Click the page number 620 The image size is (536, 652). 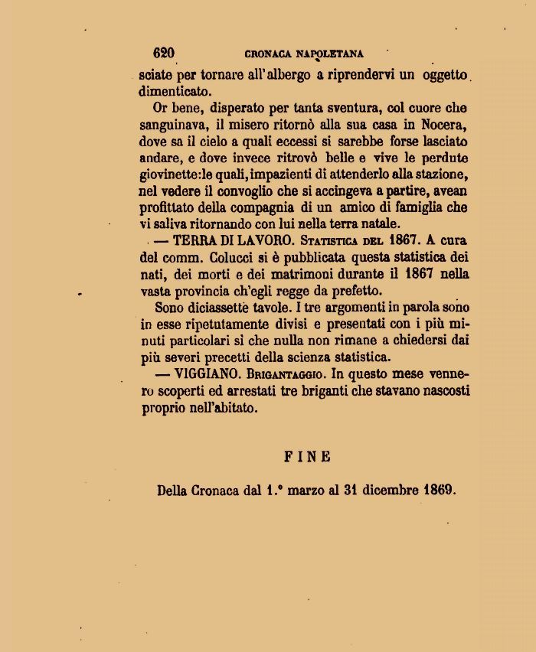coord(163,53)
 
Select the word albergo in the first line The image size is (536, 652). coord(273,75)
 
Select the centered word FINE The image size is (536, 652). coord(308,457)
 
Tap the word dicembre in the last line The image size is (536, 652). coord(383,490)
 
